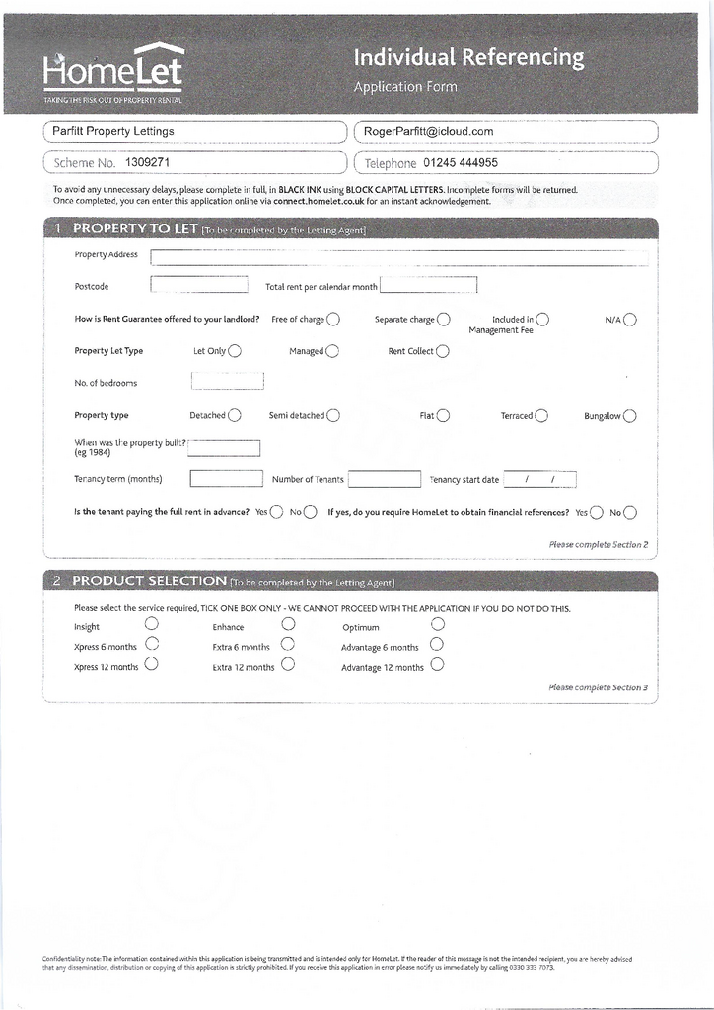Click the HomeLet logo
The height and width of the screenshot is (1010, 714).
coord(112,71)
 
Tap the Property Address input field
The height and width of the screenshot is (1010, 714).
coord(399,257)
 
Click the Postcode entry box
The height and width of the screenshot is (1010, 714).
coord(199,285)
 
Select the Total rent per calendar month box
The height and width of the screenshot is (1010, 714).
coord(428,285)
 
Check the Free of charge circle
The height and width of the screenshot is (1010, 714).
coord(333,319)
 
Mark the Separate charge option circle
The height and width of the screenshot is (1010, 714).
coord(444,319)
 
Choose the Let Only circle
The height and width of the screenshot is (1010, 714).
coord(235,350)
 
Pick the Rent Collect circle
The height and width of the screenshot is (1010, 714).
coord(443,350)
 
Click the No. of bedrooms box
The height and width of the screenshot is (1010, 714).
coord(227,381)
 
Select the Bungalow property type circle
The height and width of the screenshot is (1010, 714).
coord(629,415)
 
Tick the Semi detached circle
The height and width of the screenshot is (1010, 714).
coord(333,415)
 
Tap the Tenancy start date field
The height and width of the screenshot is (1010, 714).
coord(539,480)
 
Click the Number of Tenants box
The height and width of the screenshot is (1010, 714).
coord(385,479)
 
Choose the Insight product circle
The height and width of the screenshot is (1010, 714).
coord(151,623)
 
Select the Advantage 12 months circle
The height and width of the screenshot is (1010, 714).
coord(437,664)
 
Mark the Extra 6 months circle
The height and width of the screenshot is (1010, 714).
coord(288,644)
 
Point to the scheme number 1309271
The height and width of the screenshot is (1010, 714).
coord(148,162)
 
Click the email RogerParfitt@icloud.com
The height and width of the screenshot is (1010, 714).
coord(428,132)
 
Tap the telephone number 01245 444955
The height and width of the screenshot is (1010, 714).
coord(461,163)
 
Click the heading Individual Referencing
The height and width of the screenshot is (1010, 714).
coord(468,59)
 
